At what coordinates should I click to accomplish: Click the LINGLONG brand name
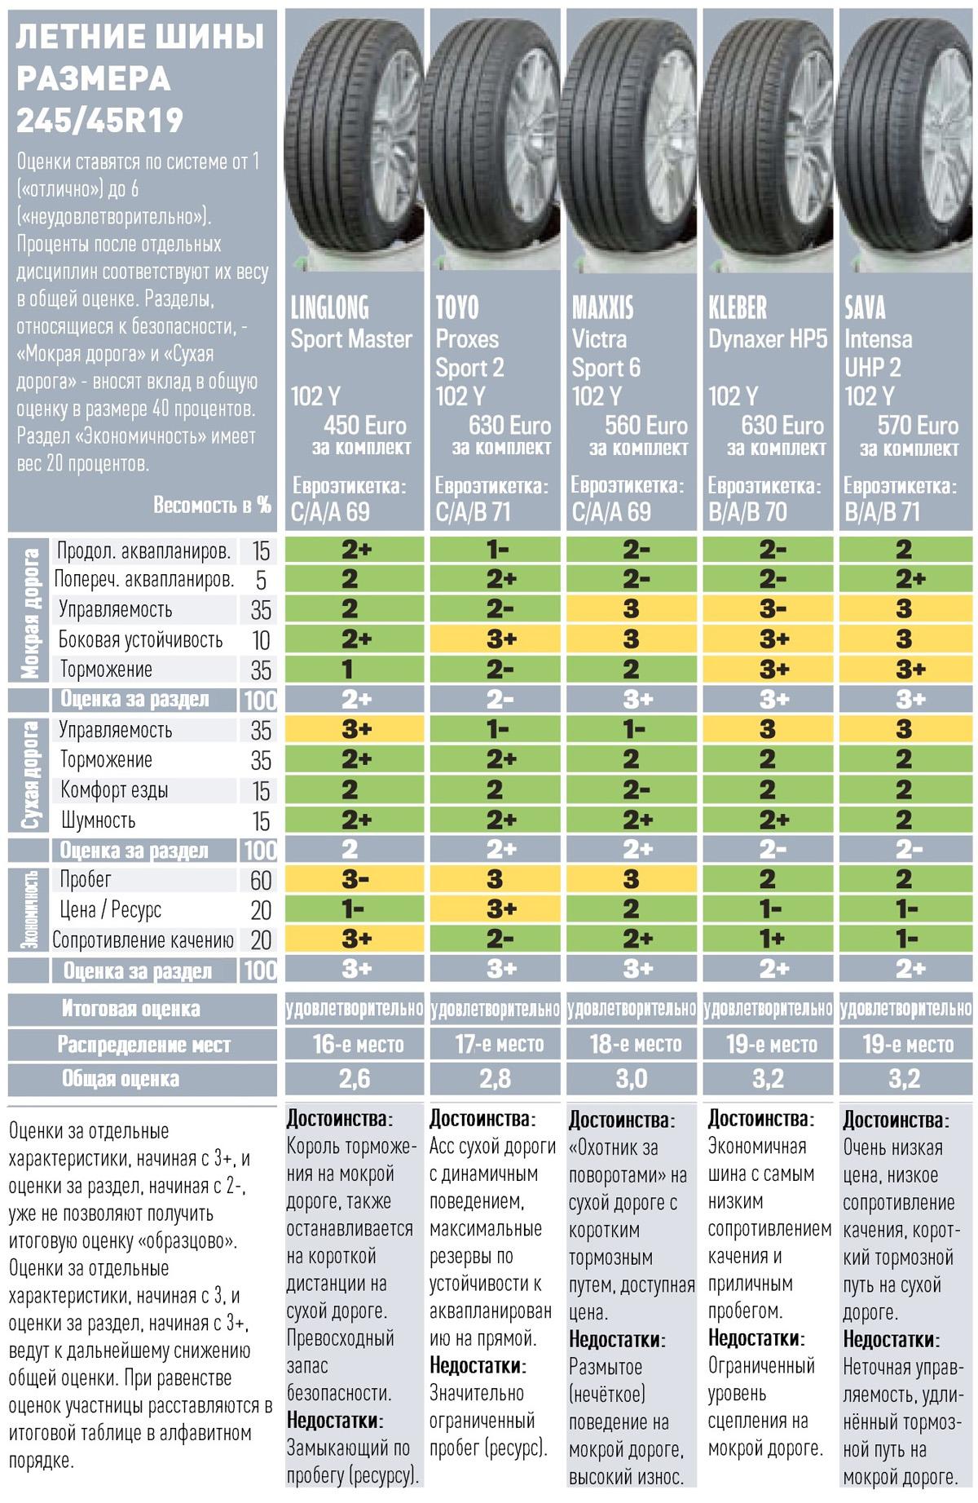pos(329,308)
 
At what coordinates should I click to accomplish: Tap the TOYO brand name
pos(457,308)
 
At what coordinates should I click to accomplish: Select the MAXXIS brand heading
pos(602,308)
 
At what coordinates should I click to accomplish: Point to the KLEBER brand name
pos(738,308)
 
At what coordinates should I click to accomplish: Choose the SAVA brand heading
pos(865,308)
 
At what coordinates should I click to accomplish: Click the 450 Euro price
pos(364,425)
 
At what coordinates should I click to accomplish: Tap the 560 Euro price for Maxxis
pos(645,425)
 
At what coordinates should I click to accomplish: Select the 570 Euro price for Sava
pos(918,425)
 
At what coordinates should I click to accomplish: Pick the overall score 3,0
pos(632,1079)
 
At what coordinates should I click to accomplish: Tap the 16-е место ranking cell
pos(357,1045)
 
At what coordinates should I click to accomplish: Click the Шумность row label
pos(98,820)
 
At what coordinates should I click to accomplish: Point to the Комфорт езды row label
pos(114,790)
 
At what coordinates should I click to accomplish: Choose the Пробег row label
pos(86,880)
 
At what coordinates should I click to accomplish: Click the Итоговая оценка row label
pos(130,1009)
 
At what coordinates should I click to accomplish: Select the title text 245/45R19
pos(99,121)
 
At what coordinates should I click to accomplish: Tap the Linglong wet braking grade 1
pos(348,670)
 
